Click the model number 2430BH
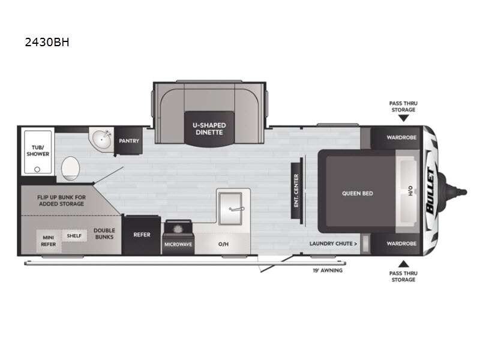click(47, 42)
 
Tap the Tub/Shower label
click(38, 151)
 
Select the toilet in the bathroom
click(70, 169)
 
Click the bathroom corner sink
click(101, 140)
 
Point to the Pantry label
click(129, 141)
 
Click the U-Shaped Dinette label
click(209, 129)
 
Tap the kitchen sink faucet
click(236, 209)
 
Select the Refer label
click(142, 235)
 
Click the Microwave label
click(178, 245)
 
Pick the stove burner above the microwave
click(178, 229)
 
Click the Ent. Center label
click(296, 191)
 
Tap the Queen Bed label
click(357, 193)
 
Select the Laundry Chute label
click(333, 244)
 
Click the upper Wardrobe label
click(401, 137)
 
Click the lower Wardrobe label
click(401, 244)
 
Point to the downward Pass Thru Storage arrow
click(403, 118)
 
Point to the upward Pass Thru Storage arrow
click(403, 263)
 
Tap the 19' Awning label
click(328, 271)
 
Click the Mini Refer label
click(49, 241)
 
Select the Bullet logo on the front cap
click(430, 191)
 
